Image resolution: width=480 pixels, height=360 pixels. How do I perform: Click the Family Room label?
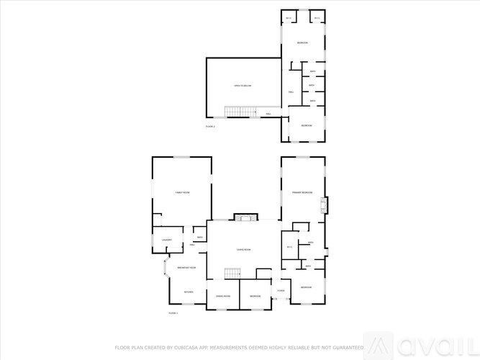[x=182, y=193]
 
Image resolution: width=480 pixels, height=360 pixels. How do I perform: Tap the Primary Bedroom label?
[x=302, y=193]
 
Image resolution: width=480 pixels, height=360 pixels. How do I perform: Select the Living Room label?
[x=243, y=249]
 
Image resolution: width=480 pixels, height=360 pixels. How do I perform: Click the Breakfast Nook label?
[x=187, y=267]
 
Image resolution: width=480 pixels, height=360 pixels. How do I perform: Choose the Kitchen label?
[x=189, y=292]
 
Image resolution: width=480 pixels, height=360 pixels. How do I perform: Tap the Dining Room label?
[x=222, y=296]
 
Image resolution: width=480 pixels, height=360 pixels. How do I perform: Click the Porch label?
[x=281, y=291]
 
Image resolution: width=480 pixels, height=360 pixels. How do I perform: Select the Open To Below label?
[x=243, y=86]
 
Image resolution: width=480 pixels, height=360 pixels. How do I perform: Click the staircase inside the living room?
[x=230, y=273]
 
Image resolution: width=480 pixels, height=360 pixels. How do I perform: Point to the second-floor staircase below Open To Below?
[x=241, y=111]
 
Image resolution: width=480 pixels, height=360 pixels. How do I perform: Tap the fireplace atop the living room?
[x=243, y=217]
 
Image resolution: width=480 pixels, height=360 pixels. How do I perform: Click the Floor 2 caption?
[x=210, y=126]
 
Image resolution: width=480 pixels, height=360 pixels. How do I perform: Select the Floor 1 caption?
[x=173, y=313]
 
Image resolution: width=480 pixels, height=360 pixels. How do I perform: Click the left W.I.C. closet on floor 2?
[x=289, y=18]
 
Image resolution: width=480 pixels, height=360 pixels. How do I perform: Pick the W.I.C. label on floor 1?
[x=289, y=246]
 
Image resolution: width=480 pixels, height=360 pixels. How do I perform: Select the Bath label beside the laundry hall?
[x=199, y=238]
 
